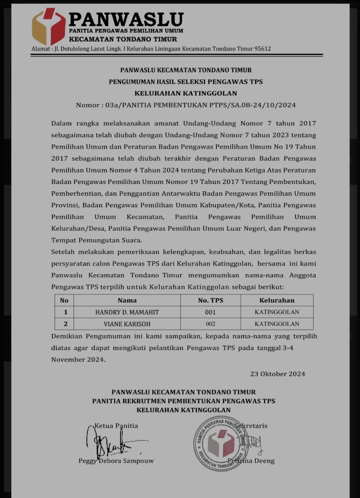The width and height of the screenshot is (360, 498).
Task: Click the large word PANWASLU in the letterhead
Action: pyautogui.click(x=126, y=19)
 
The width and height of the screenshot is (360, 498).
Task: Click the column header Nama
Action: pyautogui.click(x=127, y=300)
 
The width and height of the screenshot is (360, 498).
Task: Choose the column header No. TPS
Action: pyautogui.click(x=211, y=300)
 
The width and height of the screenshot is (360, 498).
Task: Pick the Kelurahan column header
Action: pyautogui.click(x=277, y=300)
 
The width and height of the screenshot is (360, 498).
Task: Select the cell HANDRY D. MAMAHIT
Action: pyautogui.click(x=127, y=312)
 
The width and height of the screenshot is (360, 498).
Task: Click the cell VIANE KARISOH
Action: pyautogui.click(x=127, y=324)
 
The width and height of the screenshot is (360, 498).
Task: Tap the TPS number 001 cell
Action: pyautogui.click(x=211, y=312)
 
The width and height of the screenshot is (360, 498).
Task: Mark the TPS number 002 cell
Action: pyautogui.click(x=211, y=324)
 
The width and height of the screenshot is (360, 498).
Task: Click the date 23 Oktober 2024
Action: pyautogui.click(x=277, y=374)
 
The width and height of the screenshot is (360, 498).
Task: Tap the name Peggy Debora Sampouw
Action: pyautogui.click(x=116, y=461)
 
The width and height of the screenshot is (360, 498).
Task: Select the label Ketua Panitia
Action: pyautogui.click(x=116, y=426)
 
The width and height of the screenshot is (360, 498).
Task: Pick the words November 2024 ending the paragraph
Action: pyautogui.click(x=78, y=360)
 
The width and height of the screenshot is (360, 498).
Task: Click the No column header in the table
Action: pyautogui.click(x=64, y=300)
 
